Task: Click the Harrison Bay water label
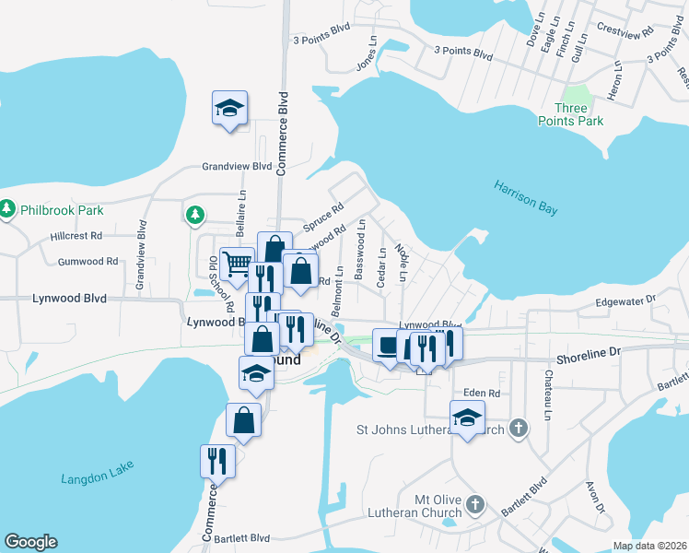coord(525,197)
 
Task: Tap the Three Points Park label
coord(571,114)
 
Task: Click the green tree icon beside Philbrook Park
coord(8,210)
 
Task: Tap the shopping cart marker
coord(238,264)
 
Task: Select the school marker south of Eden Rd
coord(467,417)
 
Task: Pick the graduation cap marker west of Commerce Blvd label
coord(229,107)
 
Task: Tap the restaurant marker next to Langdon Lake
coord(217,460)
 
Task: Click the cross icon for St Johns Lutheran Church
coord(519,429)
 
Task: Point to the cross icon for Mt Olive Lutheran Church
coord(474,504)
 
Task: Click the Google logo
coord(30,542)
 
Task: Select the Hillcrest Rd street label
coord(76,236)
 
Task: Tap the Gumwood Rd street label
coord(88,261)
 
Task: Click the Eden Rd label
coord(481,393)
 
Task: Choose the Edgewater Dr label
coord(625,300)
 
